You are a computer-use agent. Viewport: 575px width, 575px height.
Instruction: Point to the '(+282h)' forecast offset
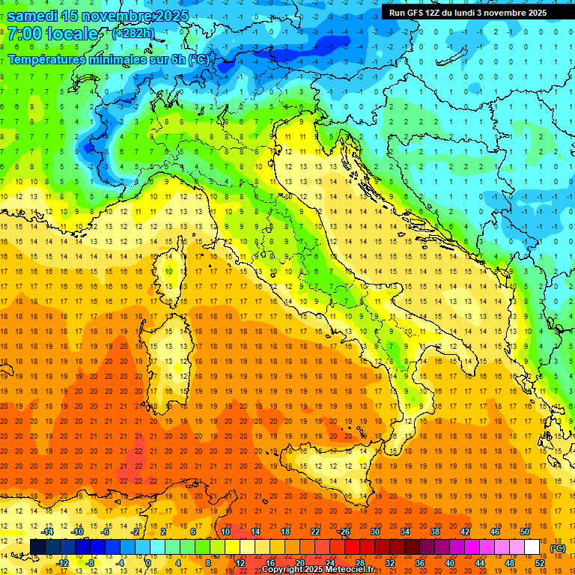[135, 33]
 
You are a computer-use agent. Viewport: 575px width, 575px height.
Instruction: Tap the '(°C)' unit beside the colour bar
[558, 548]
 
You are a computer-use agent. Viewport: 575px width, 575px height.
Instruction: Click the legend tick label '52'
[540, 563]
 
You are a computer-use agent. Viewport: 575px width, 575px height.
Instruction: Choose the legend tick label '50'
[525, 532]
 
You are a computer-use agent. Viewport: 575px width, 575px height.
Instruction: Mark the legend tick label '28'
[359, 563]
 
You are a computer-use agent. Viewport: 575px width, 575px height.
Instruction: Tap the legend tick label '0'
[148, 563]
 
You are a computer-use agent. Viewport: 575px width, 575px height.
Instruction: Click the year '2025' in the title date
[168, 16]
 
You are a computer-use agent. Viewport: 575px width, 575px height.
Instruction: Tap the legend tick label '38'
[435, 532]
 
